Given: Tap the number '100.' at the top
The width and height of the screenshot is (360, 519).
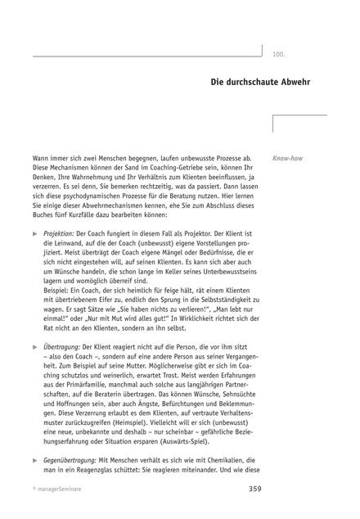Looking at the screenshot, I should [x=278, y=54].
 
